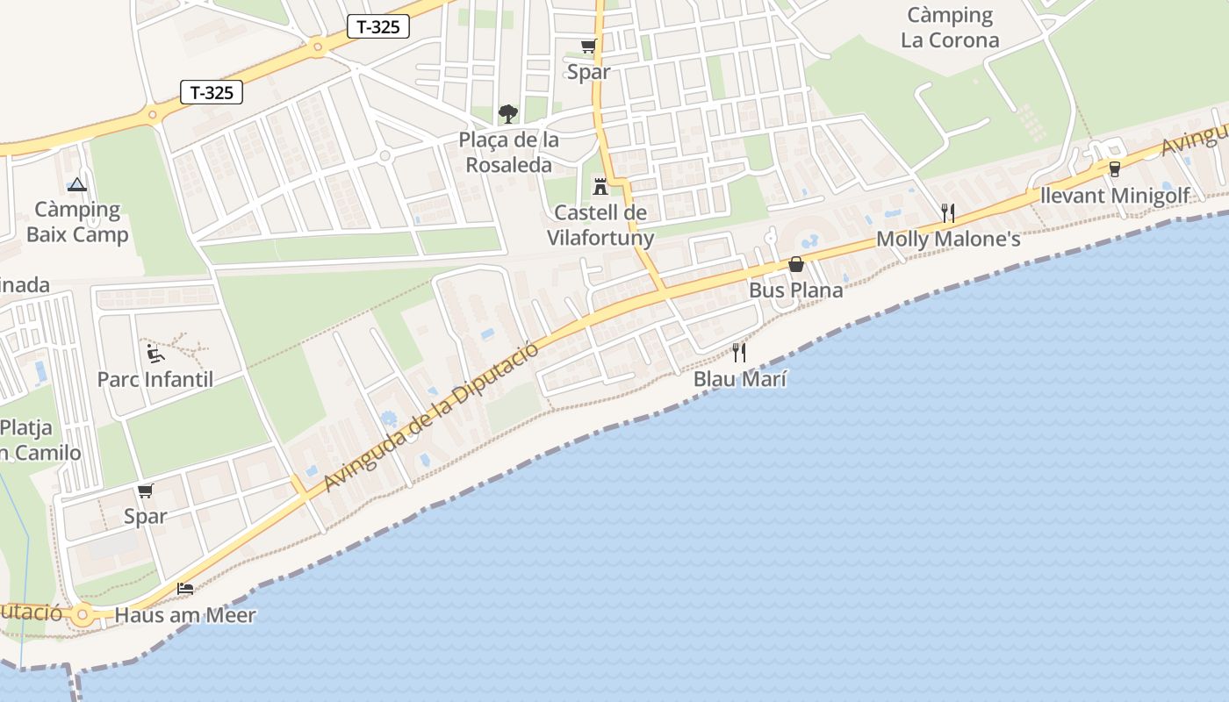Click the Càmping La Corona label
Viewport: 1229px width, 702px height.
coord(950,27)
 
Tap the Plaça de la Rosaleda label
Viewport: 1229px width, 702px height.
coord(509,152)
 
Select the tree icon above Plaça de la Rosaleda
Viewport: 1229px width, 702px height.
coord(508,113)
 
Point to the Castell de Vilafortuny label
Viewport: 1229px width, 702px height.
coord(600,225)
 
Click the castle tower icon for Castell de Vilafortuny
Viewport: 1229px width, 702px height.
coord(600,186)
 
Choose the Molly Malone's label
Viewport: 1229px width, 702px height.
coord(948,239)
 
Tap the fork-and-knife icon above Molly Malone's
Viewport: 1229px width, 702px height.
coord(947,212)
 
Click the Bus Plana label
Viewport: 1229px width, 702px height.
coord(795,290)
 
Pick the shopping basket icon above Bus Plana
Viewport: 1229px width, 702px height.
coord(796,264)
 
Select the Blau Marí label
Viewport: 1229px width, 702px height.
coord(739,379)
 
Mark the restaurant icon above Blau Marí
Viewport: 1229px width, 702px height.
coord(739,353)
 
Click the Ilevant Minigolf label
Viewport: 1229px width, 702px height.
coord(1114,195)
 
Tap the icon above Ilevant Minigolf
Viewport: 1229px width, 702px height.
coord(1115,169)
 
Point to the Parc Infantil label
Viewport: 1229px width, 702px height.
coord(155,379)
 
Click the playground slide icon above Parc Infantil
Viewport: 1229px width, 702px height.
coord(155,354)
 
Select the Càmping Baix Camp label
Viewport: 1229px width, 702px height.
coord(77,222)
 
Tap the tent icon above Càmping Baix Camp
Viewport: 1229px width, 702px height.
coord(77,184)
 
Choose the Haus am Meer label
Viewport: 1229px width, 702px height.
coord(185,615)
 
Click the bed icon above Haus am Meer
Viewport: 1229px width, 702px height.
coord(185,589)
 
